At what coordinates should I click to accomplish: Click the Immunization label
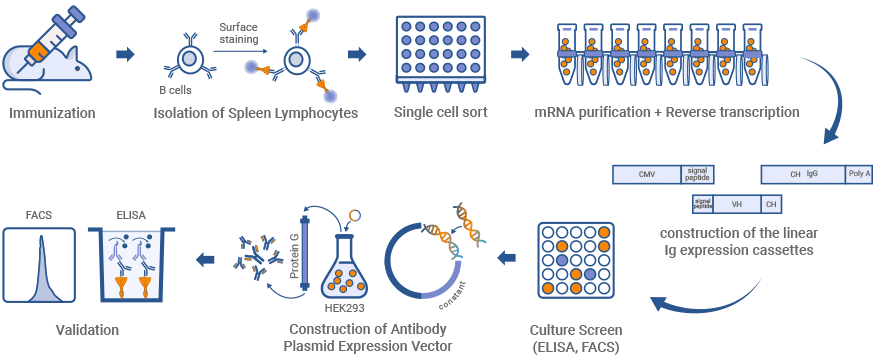pos(53,112)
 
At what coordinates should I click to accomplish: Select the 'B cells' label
pos(177,88)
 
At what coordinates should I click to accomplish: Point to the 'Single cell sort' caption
pos(441,112)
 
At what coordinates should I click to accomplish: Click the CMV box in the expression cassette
pos(647,174)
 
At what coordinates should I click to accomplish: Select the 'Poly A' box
pos(858,174)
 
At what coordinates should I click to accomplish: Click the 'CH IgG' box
pos(803,174)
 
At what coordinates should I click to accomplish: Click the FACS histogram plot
pos(40,264)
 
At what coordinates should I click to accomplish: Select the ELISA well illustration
pos(136,264)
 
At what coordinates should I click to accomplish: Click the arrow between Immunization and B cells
pos(125,53)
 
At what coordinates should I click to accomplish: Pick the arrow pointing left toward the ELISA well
pos(205,260)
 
